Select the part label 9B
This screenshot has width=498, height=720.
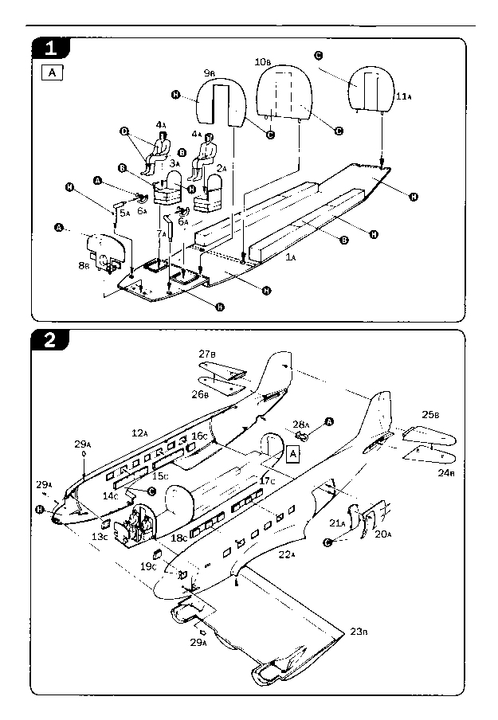click(210, 73)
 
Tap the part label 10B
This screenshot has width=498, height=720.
click(262, 61)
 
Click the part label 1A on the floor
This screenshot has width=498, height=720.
click(291, 258)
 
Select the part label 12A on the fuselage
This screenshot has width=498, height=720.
click(140, 432)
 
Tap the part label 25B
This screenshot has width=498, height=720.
click(430, 414)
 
